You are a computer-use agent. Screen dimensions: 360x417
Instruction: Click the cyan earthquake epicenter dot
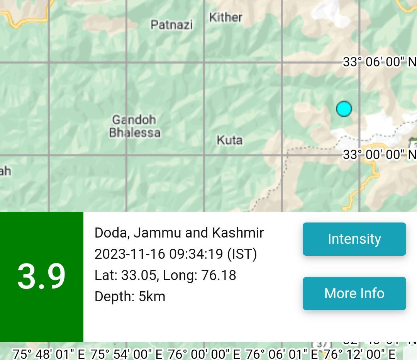coord(344,109)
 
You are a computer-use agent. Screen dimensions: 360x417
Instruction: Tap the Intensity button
coord(354,239)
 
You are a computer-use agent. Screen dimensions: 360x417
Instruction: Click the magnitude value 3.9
coord(41,277)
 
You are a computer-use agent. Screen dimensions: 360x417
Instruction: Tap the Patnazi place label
coord(171,25)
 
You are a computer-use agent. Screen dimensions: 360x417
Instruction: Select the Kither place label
coord(226,17)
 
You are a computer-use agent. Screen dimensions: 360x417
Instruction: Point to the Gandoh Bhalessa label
coord(134,126)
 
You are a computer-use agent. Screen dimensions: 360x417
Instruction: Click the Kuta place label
coord(230,140)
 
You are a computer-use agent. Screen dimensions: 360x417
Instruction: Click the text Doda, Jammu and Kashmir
coord(179,233)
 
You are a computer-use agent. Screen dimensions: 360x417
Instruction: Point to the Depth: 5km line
coord(130,297)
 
